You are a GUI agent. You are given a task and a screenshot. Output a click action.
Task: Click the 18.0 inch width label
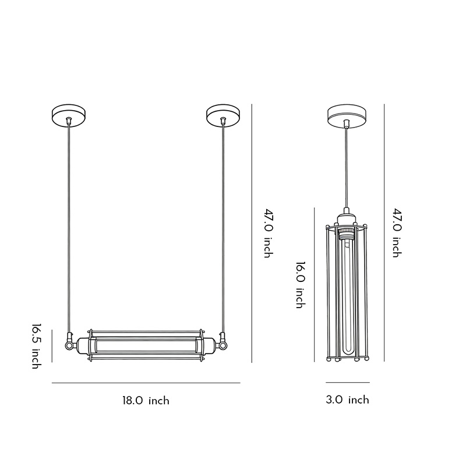pyautogui.click(x=146, y=401)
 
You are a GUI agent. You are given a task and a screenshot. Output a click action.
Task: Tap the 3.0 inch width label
pyautogui.click(x=347, y=400)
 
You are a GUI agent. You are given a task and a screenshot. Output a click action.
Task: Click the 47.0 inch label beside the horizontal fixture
pyautogui.click(x=267, y=233)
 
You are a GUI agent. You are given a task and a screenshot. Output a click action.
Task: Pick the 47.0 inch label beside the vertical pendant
pyautogui.click(x=396, y=233)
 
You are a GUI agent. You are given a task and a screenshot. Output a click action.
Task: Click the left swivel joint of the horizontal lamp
pyautogui.click(x=70, y=344)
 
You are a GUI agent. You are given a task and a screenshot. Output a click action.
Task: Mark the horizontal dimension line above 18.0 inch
pyautogui.click(x=146, y=383)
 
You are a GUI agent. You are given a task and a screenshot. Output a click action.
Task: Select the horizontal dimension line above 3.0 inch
pyautogui.click(x=347, y=382)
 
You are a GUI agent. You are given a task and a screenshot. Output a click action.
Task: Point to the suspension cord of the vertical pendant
pyautogui.click(x=347, y=169)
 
